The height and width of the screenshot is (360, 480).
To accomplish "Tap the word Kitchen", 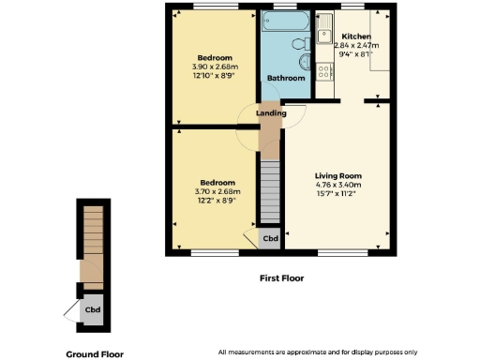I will pyautogui.click(x=355, y=36).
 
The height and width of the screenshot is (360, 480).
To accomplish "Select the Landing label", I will pyautogui.click(x=272, y=113).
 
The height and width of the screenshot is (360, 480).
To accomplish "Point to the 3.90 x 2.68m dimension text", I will pyautogui.click(x=216, y=65).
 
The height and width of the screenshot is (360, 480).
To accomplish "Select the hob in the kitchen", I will pyautogui.click(x=323, y=70).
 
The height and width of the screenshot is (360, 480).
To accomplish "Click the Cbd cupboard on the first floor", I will pyautogui.click(x=270, y=238).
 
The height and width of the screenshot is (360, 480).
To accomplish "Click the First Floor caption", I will pyautogui.click(x=281, y=278).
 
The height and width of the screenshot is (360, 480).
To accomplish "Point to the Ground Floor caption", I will pyautogui.click(x=94, y=354).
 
